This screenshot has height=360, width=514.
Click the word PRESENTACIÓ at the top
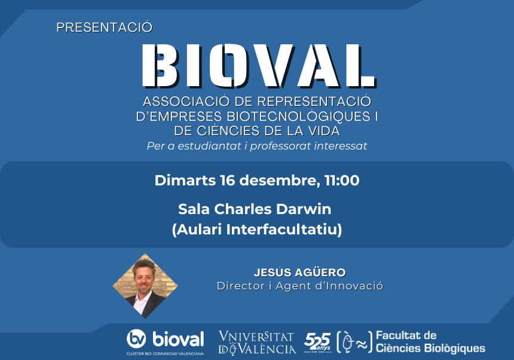click(x=105, y=27)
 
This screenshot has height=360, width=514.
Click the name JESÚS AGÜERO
click(x=299, y=272)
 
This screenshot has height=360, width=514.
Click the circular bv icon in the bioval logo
click(x=137, y=339)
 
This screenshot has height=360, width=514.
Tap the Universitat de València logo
click(x=257, y=343)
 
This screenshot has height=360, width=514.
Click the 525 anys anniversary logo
click(x=317, y=341)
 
